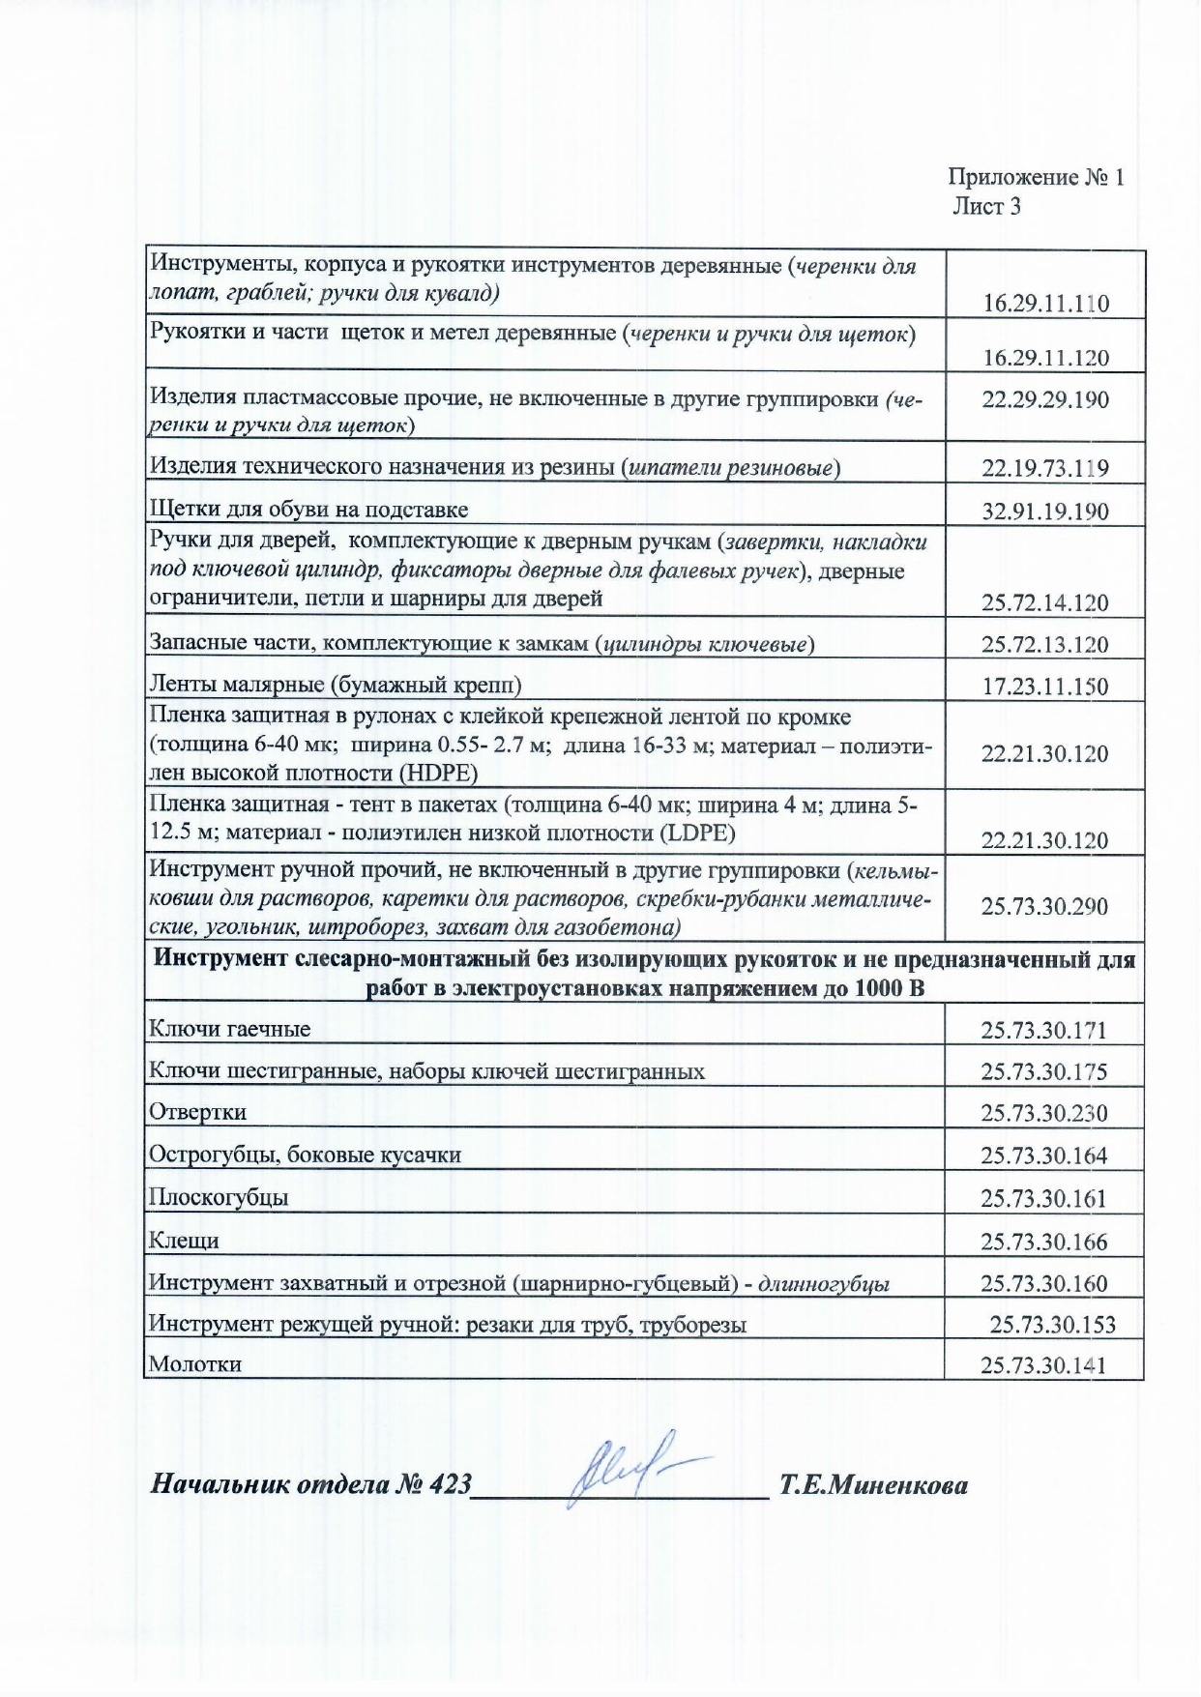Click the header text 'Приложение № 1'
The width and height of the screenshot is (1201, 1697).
[1036, 177]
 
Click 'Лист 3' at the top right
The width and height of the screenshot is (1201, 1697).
[986, 206]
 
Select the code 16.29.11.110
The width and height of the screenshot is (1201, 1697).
[1045, 304]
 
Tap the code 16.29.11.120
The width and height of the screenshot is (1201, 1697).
[1045, 358]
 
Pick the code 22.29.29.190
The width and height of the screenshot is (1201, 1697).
[1045, 399]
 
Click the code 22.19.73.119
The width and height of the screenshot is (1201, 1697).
[1045, 469]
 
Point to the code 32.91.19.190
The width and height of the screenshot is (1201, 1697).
[1045, 512]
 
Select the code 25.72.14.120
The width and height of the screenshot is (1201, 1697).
[1045, 603]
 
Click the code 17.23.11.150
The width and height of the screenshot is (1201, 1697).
[1045, 687]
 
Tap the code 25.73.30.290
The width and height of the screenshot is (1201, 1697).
[1044, 907]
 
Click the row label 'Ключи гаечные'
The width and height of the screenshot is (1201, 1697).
[229, 1029]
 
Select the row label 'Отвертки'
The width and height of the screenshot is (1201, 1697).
[197, 1113]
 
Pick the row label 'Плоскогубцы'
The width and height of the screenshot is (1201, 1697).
[219, 1198]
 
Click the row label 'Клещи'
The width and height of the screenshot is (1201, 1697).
[184, 1241]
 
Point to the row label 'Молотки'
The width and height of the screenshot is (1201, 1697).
[195, 1364]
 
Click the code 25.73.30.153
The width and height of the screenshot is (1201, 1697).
[1052, 1325]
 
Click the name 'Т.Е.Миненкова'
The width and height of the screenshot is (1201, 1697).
[873, 1485]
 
